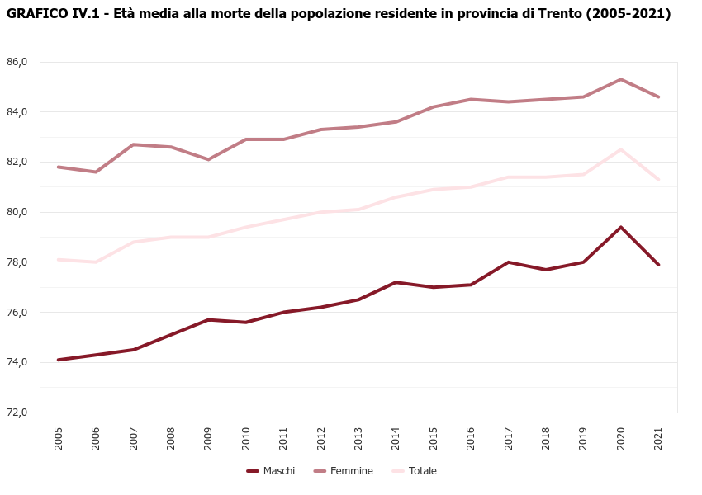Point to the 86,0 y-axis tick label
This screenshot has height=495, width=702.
pyautogui.click(x=17, y=62)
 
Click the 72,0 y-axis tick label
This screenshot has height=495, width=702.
pyautogui.click(x=17, y=412)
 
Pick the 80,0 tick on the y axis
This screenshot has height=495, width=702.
pyautogui.click(x=17, y=212)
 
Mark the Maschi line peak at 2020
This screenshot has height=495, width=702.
pyautogui.click(x=621, y=227)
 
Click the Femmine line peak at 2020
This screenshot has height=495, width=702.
pyautogui.click(x=621, y=79)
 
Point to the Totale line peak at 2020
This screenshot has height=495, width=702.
pyautogui.click(x=621, y=149)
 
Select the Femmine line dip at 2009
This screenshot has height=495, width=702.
pyautogui.click(x=208, y=159)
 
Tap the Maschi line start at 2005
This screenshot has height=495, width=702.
pyautogui.click(x=59, y=360)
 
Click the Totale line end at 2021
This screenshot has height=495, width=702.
pyautogui.click(x=658, y=179)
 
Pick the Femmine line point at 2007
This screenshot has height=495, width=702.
pyautogui.click(x=134, y=144)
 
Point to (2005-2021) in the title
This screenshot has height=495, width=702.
pyautogui.click(x=627, y=14)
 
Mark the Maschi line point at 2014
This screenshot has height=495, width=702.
pyautogui.click(x=396, y=282)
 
